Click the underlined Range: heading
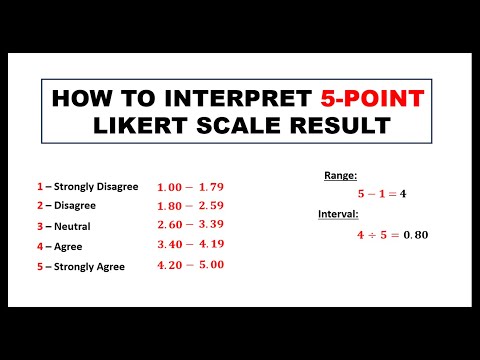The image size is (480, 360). (340, 175)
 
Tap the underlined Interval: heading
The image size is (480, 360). (339, 215)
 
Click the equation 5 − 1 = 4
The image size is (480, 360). (381, 193)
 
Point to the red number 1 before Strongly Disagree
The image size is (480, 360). (39, 186)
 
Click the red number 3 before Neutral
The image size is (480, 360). (39, 226)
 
